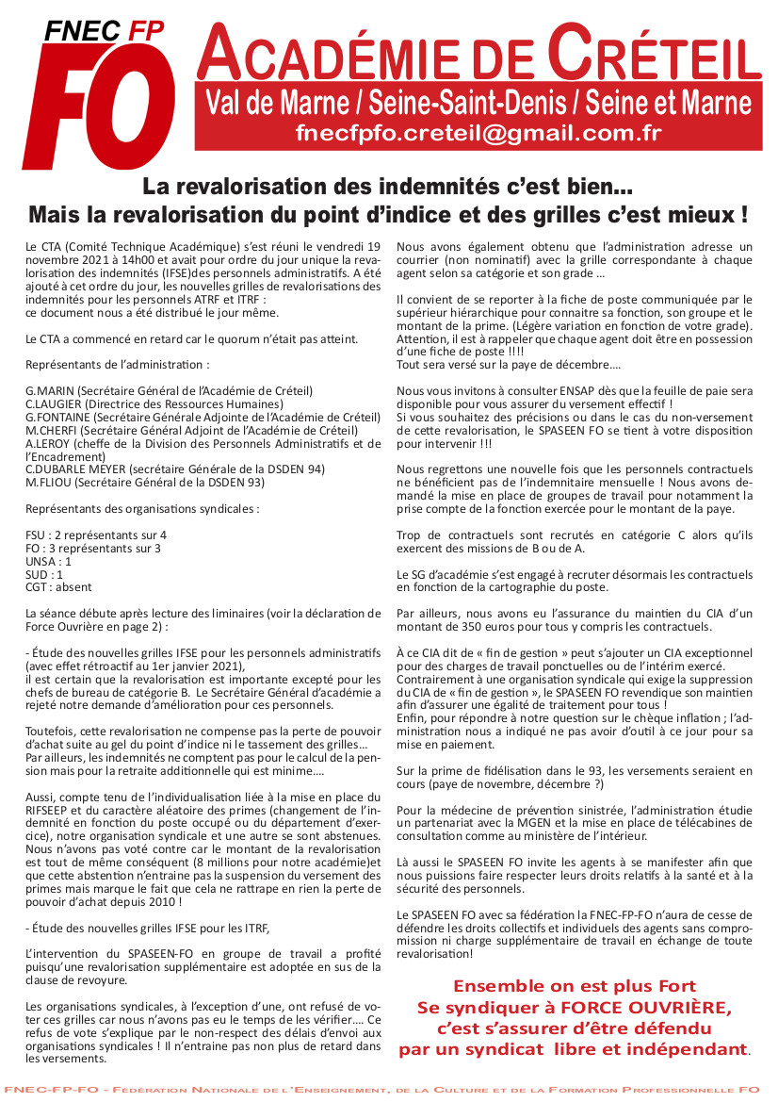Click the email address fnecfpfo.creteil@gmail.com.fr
click(478, 133)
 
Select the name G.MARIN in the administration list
click(50, 390)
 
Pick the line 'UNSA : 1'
click(48, 561)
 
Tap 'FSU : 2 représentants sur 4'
click(96, 535)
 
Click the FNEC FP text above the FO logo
click(104, 32)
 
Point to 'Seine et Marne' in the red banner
click(677, 102)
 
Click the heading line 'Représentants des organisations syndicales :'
click(142, 509)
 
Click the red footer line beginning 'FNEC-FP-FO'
click(389, 1090)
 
